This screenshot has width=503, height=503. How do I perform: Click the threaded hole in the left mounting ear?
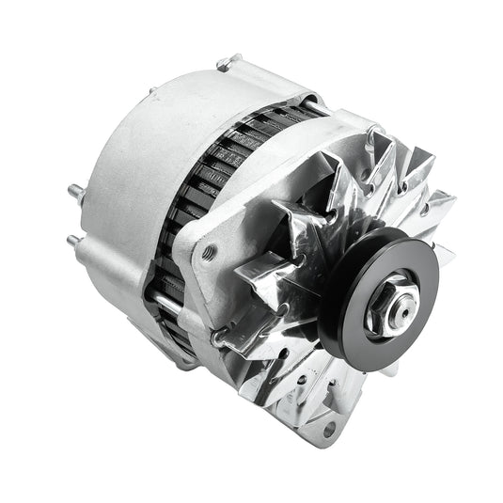(x=210, y=251)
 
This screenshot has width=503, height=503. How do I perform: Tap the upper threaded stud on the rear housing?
(x=73, y=193)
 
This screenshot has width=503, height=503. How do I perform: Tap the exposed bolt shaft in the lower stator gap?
(x=165, y=302)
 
